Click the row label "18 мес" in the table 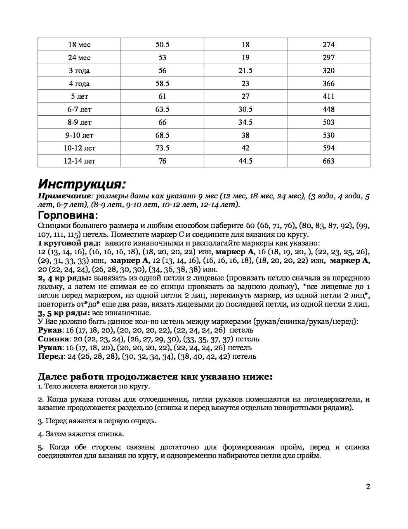tap(79, 45)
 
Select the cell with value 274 tap(328, 45)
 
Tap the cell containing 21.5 tap(245, 71)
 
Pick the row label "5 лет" tap(79, 96)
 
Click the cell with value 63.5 tap(162, 110)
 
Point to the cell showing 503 tap(328, 122)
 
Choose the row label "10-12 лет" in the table tap(79, 148)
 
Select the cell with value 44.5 tap(245, 161)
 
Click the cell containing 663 tap(328, 161)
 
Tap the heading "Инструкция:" tap(81, 184)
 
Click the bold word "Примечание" tap(64, 196)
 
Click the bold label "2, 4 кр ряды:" tap(64, 278)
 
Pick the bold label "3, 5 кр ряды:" tap(64, 313)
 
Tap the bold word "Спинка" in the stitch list tap(50, 339)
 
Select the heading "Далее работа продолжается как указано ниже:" tap(155, 376)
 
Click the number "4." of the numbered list tap(40, 434)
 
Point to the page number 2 tap(368, 486)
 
